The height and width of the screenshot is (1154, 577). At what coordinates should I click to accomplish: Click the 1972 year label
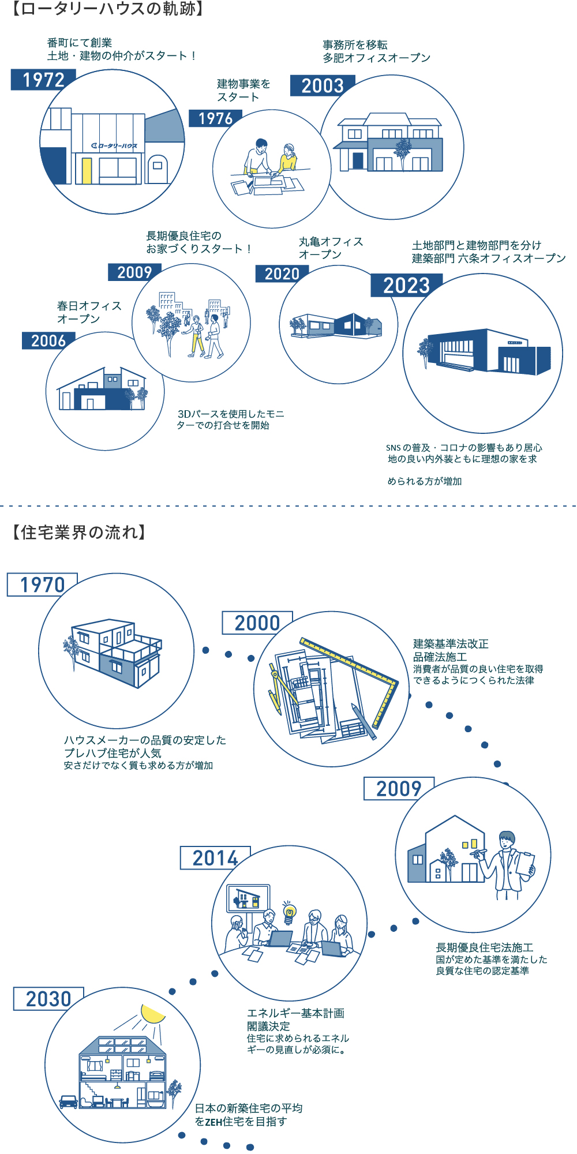click(43, 80)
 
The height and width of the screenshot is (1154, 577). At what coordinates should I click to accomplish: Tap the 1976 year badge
click(215, 118)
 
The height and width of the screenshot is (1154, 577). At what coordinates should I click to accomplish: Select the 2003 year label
click(322, 86)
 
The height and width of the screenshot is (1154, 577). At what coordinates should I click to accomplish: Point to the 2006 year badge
click(48, 341)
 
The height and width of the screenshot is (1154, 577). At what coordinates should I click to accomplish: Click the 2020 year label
click(282, 274)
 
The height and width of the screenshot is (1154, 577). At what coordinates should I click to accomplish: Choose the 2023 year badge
click(406, 285)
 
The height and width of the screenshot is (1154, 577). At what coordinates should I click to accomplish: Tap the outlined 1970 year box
click(42, 585)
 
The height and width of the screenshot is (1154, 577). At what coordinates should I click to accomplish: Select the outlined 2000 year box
click(257, 623)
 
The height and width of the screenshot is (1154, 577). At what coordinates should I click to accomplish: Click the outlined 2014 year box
click(215, 858)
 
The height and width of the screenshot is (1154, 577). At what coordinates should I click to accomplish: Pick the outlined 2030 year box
click(48, 999)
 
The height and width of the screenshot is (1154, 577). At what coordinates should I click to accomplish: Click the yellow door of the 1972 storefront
click(87, 170)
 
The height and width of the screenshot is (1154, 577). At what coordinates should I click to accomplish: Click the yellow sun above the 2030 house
click(152, 1014)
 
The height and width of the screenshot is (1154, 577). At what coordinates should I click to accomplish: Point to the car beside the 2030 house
click(68, 1101)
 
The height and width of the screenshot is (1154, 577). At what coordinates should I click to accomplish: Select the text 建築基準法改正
click(451, 644)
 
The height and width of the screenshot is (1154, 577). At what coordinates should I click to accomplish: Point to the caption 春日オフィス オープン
click(89, 312)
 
